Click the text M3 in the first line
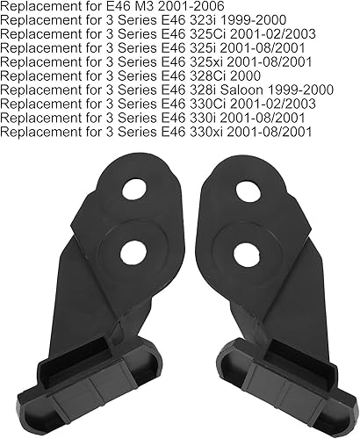click(140, 6)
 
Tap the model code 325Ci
click(208, 34)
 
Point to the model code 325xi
click(206, 62)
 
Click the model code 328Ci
click(208, 76)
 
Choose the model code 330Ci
click(208, 104)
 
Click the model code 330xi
click(206, 132)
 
